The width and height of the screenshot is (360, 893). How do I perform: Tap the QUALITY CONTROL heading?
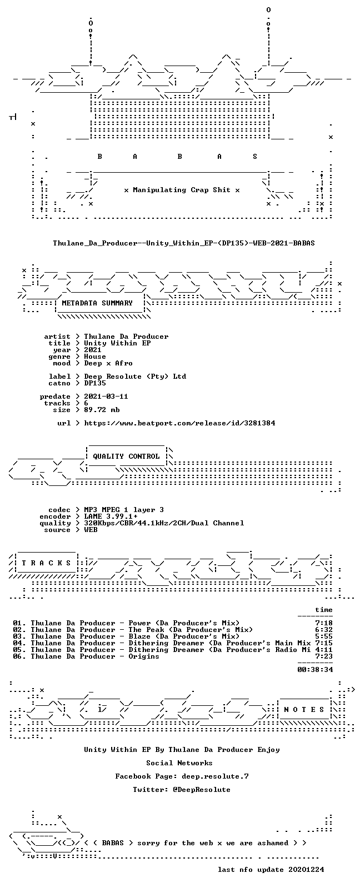[x=126, y=456]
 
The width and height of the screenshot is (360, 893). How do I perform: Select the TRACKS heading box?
[x=46, y=563]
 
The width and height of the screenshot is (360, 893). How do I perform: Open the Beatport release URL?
[x=179, y=423]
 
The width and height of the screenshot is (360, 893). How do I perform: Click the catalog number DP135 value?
[x=95, y=383]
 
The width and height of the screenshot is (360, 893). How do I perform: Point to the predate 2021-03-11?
[x=106, y=397]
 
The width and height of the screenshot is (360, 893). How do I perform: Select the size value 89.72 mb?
[x=102, y=410]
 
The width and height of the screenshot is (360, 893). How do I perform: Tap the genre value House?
[x=95, y=357]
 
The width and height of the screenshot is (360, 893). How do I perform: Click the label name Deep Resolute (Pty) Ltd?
[x=135, y=377]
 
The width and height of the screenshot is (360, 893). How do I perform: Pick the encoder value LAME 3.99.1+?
[x=111, y=516]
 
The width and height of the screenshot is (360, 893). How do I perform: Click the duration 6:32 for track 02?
[x=324, y=630]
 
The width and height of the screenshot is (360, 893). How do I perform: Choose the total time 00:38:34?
[x=315, y=670]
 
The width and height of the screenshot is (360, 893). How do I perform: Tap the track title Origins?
[x=143, y=656]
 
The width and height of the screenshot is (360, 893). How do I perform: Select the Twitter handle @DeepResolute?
[x=201, y=790]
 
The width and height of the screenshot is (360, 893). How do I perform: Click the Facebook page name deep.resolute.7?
[x=216, y=776]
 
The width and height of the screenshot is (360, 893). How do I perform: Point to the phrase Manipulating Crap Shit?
[x=182, y=190]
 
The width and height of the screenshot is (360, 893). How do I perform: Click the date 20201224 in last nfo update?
[x=306, y=870]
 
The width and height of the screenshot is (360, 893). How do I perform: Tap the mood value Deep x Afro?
[x=108, y=363]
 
